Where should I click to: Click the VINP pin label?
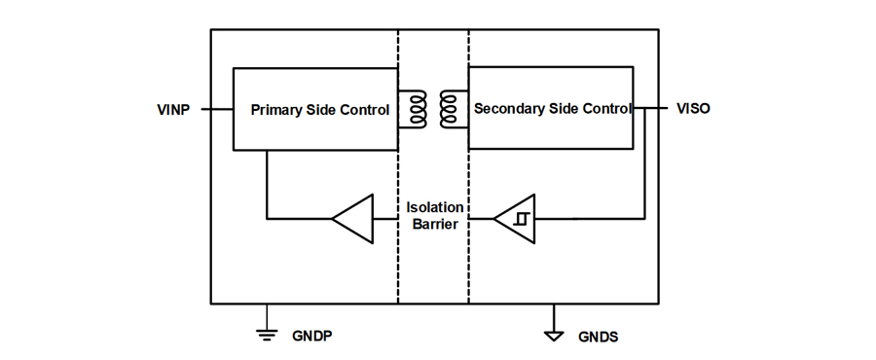pos(173,109)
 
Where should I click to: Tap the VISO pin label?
pos(693,108)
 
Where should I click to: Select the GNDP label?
pos(312,336)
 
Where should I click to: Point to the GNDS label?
pos(599,337)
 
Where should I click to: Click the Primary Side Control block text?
pos(320,110)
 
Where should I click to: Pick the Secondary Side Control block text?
pos(553,108)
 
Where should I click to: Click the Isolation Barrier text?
pos(435,216)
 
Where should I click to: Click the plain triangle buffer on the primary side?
pos(353,219)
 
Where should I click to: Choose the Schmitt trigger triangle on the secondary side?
pos(515,219)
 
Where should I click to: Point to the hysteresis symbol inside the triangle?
pos(521,219)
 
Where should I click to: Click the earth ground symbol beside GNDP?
pos(267,335)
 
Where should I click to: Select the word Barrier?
pos(435,225)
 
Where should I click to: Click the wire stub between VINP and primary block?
pos(217,109)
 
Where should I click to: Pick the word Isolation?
pos(435,207)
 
